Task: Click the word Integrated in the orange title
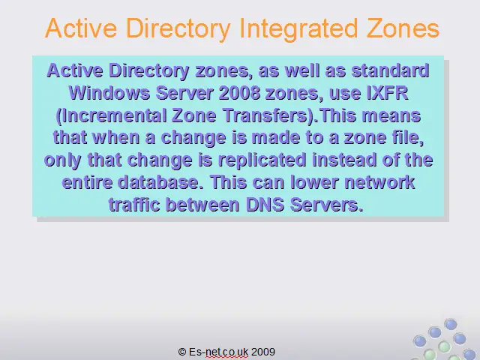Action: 298,29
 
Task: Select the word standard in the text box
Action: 390,70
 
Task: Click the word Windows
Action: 109,93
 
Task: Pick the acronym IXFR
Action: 387,93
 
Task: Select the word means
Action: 391,115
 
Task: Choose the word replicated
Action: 262,160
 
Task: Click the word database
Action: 160,182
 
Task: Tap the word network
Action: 379,182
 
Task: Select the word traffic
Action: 134,205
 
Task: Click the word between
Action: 202,205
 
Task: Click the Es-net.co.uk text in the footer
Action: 218,352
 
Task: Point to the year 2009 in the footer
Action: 263,352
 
